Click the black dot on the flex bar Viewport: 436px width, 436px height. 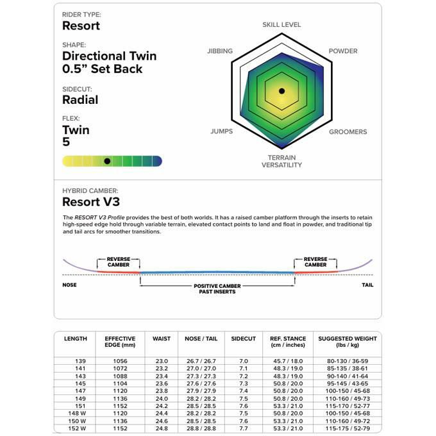pyautogui.click(x=107, y=161)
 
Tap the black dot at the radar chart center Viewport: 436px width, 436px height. pyautogui.click(x=281, y=92)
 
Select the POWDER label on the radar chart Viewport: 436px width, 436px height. pyautogui.click(x=343, y=51)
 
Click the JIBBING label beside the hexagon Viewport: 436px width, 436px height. pyautogui.click(x=220, y=51)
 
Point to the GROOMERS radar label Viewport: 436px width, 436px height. pyautogui.click(x=348, y=132)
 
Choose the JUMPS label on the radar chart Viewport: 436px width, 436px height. pyautogui.click(x=221, y=132)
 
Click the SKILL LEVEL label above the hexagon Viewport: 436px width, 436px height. pyautogui.click(x=281, y=25)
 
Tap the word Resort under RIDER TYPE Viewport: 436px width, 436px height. pyautogui.click(x=81, y=26)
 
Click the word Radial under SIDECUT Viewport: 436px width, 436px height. pyautogui.click(x=80, y=100)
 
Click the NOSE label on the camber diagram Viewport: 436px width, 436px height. pyautogui.click(x=69, y=285)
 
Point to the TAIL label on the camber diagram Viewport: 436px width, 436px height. pyautogui.click(x=367, y=285)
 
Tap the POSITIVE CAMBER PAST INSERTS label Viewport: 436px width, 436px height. pyautogui.click(x=217, y=289)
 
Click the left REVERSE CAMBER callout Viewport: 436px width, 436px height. pyautogui.click(x=119, y=262)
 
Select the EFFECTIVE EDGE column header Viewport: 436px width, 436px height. pyautogui.click(x=121, y=342)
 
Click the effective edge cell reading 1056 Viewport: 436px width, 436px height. pyautogui.click(x=121, y=362)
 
